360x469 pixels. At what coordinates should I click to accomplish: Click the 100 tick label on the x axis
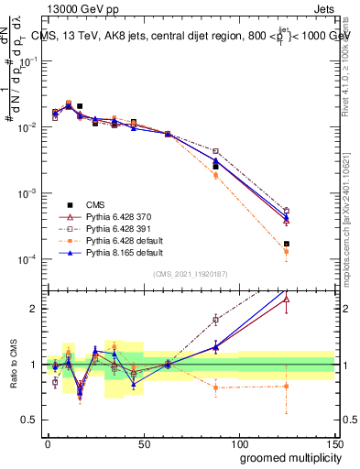[x=238, y=442]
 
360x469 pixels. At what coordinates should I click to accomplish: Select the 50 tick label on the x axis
[x=143, y=442]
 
